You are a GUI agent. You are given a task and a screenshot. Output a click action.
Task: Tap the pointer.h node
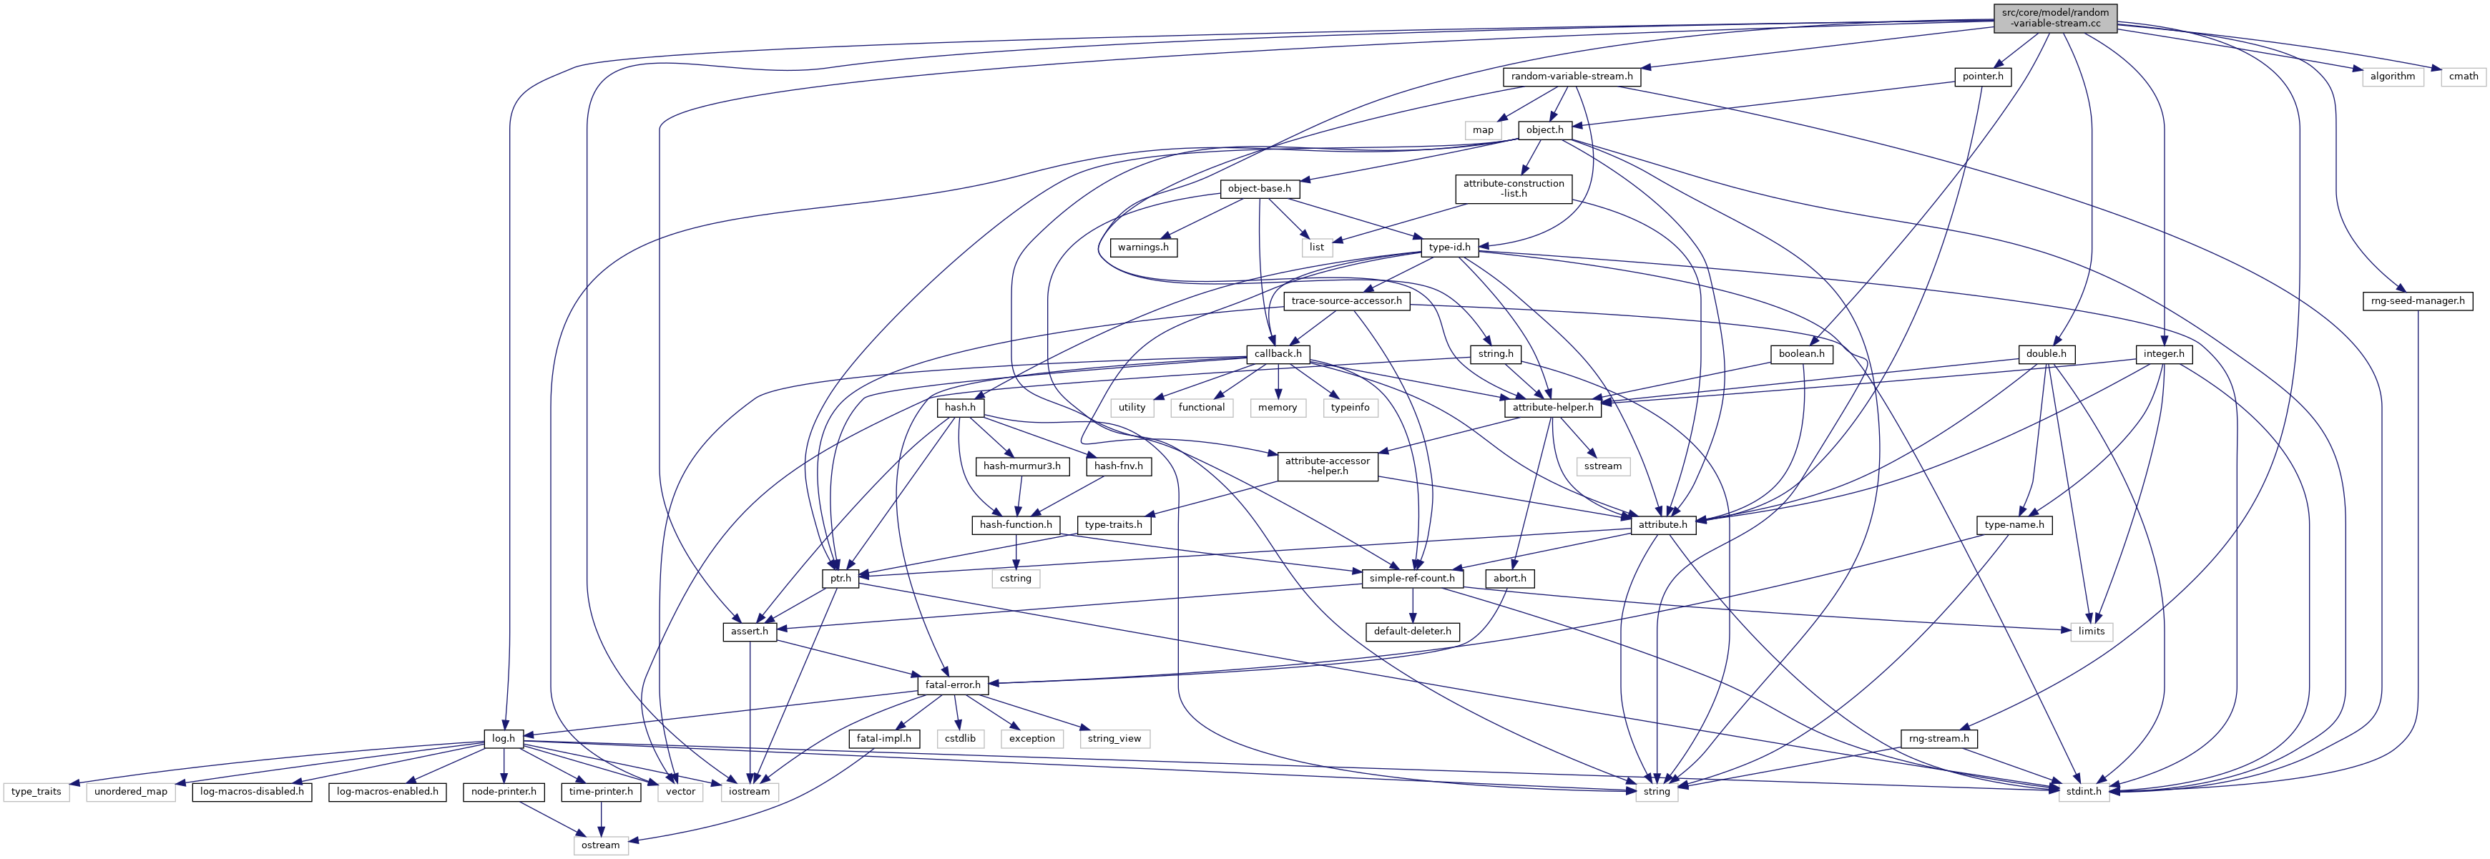click(1981, 77)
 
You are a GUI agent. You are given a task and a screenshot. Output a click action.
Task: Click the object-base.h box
click(1258, 188)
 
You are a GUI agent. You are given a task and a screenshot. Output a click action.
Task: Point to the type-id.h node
click(1450, 247)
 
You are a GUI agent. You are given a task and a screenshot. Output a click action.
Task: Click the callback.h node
click(1278, 353)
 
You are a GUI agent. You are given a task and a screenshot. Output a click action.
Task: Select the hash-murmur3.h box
click(1021, 466)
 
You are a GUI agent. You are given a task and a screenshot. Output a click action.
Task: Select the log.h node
click(503, 738)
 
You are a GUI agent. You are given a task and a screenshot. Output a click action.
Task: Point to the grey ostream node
click(600, 845)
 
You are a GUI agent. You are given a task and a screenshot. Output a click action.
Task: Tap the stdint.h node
click(2082, 791)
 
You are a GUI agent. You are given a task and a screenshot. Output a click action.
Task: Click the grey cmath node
click(2463, 77)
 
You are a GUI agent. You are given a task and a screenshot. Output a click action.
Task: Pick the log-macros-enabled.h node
click(387, 791)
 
